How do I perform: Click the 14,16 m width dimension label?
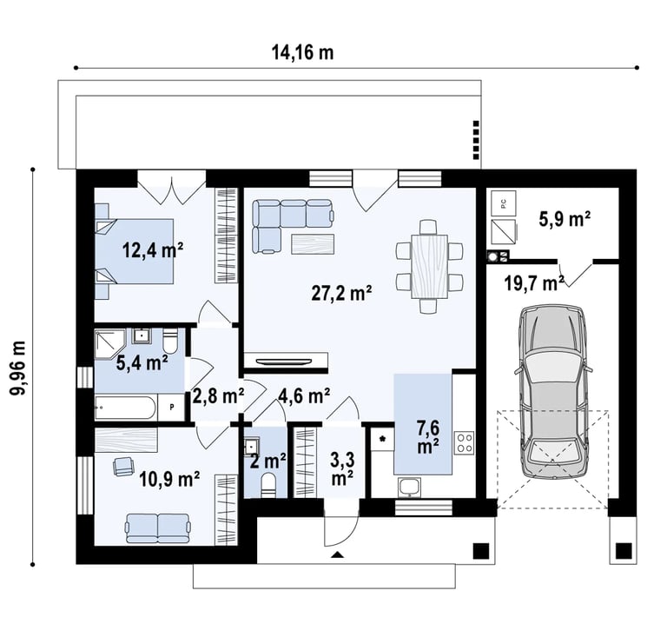302,52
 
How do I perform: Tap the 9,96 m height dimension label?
19,368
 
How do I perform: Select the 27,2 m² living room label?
341,293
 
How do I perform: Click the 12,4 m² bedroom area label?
153,249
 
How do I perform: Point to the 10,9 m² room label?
169,479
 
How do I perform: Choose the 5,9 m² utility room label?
565,219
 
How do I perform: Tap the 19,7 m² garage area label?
534,282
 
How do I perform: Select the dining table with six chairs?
429,267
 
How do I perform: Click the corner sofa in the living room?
292,225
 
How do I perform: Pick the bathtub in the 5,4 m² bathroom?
125,408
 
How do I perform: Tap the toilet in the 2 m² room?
267,486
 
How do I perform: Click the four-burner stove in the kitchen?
464,442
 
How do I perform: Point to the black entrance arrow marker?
337,554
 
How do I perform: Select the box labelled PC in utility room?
503,203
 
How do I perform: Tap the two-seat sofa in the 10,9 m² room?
157,528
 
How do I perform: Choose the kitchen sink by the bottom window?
409,488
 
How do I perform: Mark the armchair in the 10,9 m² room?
123,466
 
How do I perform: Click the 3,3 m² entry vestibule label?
342,469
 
